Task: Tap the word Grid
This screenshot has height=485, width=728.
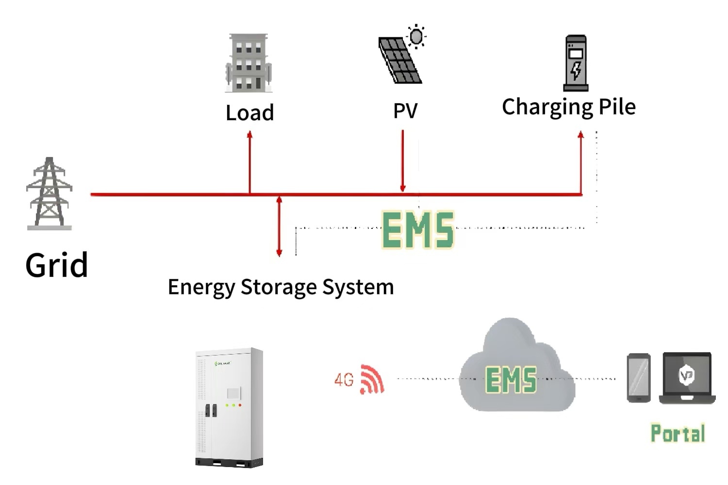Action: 56,265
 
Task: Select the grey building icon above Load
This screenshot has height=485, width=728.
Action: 249,63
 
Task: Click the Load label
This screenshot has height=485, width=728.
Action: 249,113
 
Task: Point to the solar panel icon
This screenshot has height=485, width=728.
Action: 399,61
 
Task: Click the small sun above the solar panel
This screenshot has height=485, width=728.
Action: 416,36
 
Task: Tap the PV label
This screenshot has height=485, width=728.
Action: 405,111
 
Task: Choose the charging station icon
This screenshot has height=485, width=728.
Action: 576,63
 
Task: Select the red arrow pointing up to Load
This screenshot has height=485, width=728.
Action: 249,162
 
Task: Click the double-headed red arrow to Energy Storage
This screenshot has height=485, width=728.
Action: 279,226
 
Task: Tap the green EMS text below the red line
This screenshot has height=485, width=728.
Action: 418,230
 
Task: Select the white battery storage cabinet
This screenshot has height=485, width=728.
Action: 230,407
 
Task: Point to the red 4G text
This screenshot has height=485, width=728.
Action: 344,380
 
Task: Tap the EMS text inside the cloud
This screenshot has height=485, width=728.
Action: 511,380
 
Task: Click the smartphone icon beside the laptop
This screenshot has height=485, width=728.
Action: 639,378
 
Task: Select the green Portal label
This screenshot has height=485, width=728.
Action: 678,434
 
